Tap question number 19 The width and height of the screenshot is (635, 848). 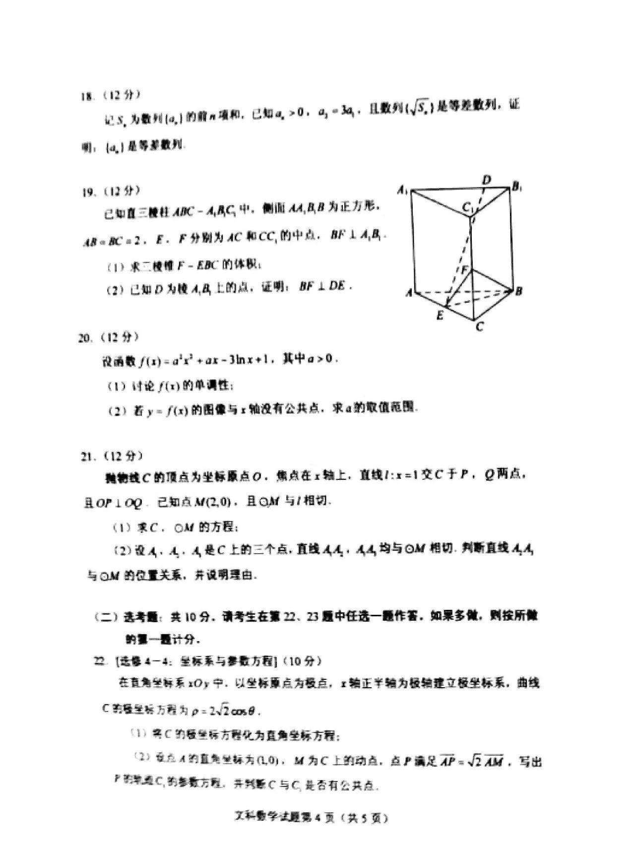88,192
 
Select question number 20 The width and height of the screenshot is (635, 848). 85,338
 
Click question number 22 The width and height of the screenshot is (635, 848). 100,660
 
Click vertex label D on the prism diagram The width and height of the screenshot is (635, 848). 487,179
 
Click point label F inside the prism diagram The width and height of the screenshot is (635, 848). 465,270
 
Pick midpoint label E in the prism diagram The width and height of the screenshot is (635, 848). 439,315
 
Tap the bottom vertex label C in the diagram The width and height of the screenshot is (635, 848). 479,327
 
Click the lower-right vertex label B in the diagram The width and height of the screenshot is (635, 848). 518,291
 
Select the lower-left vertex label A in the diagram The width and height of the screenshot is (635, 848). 409,293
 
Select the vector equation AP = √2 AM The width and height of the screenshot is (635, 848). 472,761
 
